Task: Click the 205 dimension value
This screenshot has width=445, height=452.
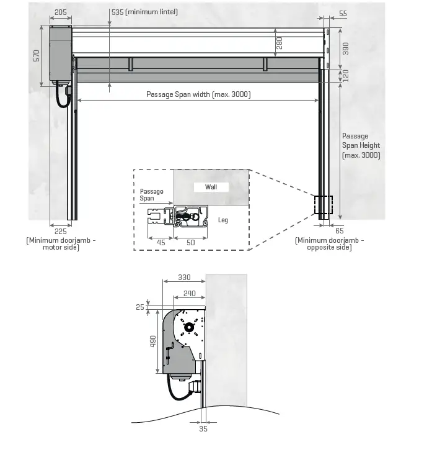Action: [x=61, y=12]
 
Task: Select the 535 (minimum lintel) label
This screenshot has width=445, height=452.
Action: [x=144, y=12]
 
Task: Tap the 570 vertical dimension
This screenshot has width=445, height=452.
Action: [x=37, y=56]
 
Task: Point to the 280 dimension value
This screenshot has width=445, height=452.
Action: [x=279, y=43]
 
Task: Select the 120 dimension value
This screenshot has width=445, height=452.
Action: [x=346, y=75]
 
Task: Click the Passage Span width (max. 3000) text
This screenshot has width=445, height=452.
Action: [x=198, y=94]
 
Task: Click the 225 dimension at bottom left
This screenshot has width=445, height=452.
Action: [x=60, y=231]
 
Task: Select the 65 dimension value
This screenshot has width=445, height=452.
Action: [x=339, y=230]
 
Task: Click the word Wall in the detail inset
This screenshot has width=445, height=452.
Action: [x=211, y=187]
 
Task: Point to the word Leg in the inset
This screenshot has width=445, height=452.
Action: [x=223, y=220]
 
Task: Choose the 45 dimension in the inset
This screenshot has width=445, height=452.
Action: [x=160, y=242]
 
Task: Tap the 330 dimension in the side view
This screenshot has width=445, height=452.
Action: [x=183, y=278]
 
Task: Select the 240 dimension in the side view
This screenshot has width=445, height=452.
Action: [x=190, y=293]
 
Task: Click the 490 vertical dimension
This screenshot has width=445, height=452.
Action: [x=153, y=341]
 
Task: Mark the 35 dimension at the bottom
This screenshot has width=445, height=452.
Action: [x=203, y=428]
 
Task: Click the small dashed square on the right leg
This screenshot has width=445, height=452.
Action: [x=323, y=206]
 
